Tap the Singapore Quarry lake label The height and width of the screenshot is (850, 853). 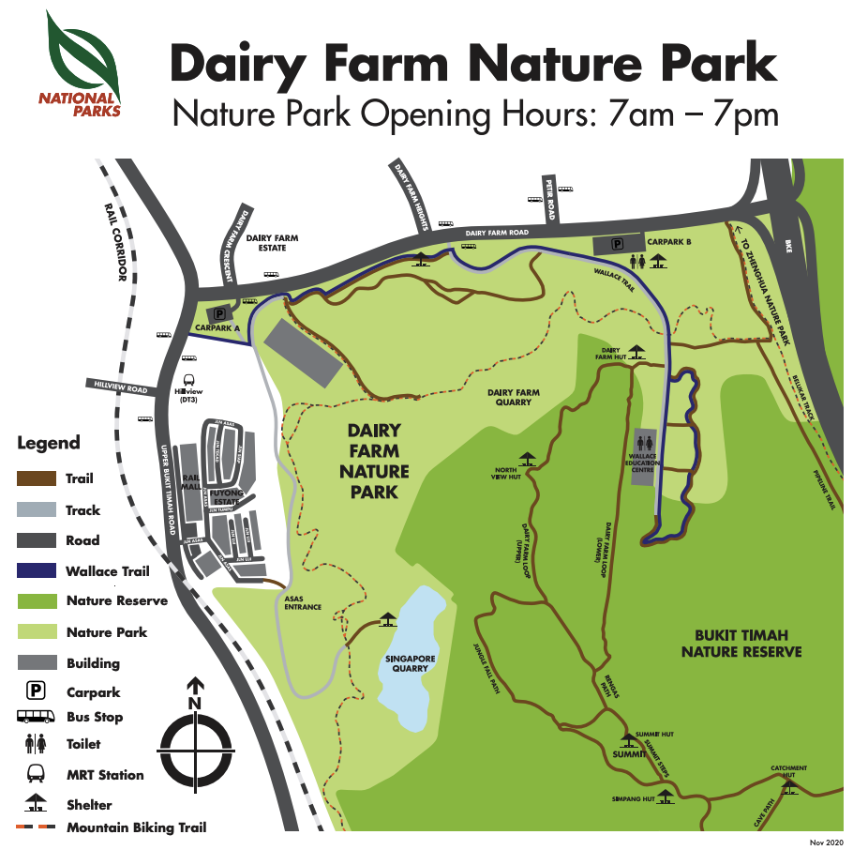[x=410, y=664]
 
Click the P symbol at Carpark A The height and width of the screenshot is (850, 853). [x=220, y=314]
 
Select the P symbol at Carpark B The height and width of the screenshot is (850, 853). [x=618, y=244]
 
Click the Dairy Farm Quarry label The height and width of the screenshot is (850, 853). [x=513, y=397]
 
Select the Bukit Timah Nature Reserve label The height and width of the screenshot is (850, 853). [x=741, y=643]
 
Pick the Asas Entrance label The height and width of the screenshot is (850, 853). [x=303, y=601]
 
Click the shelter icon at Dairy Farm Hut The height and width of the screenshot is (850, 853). [x=637, y=352]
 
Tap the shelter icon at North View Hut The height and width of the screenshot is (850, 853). [x=528, y=460]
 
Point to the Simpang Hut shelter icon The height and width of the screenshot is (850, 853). [x=665, y=797]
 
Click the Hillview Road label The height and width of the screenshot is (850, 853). [x=121, y=386]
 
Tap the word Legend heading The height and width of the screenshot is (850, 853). [x=49, y=443]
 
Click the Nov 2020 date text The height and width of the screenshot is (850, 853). [x=828, y=842]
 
